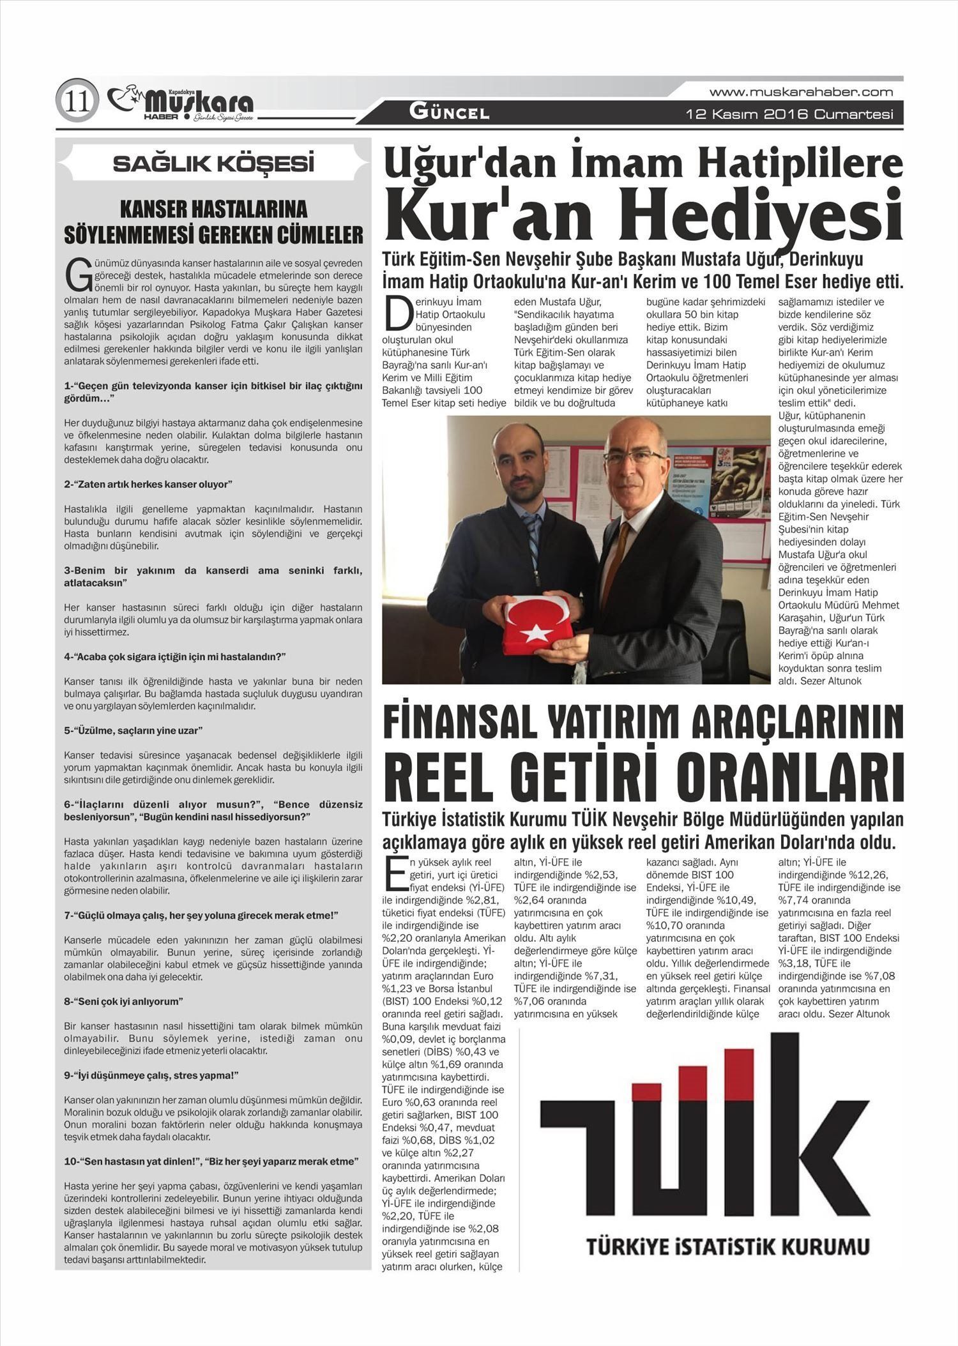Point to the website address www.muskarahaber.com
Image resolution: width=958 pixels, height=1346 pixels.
(801, 93)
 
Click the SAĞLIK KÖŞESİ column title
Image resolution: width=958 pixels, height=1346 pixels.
(213, 164)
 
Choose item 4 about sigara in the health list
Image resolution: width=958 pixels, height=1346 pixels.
(174, 656)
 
